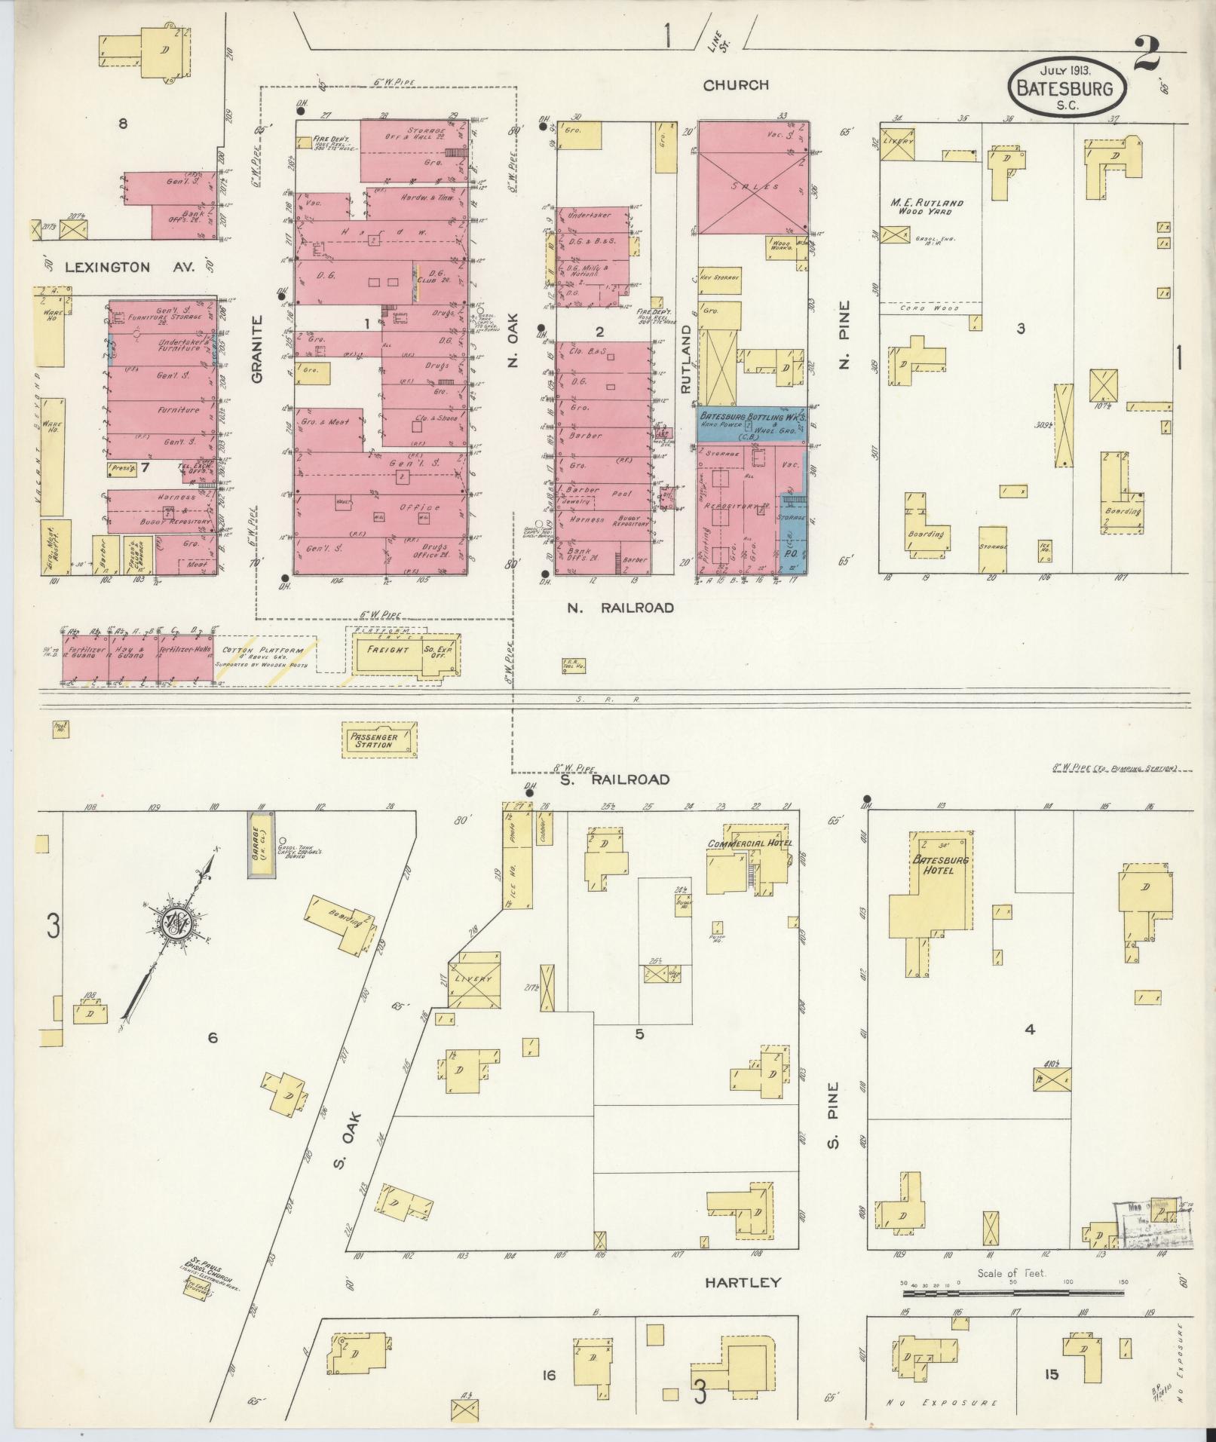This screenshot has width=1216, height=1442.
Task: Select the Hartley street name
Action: (743, 1282)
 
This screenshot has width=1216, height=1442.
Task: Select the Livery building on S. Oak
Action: (473, 979)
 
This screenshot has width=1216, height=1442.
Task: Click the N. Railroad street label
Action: (620, 608)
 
